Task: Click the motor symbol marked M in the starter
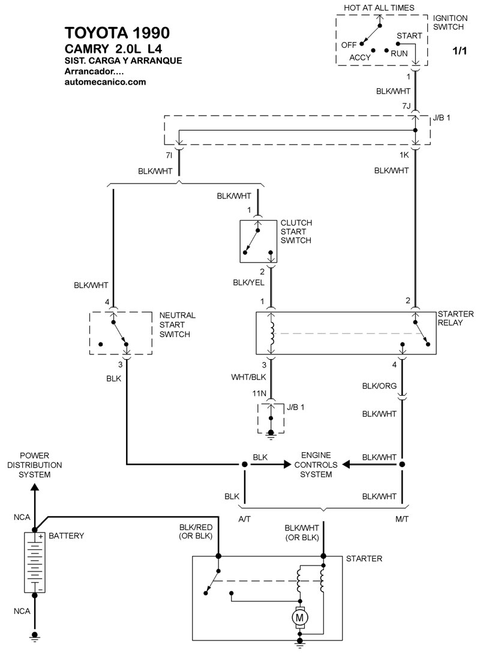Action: [298, 616]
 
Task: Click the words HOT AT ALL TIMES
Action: [378, 8]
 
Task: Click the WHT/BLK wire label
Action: [248, 377]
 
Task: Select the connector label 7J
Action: [406, 106]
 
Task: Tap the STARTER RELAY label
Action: [455, 318]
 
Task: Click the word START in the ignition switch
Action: [409, 35]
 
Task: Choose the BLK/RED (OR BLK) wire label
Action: [196, 531]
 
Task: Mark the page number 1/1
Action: [460, 52]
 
